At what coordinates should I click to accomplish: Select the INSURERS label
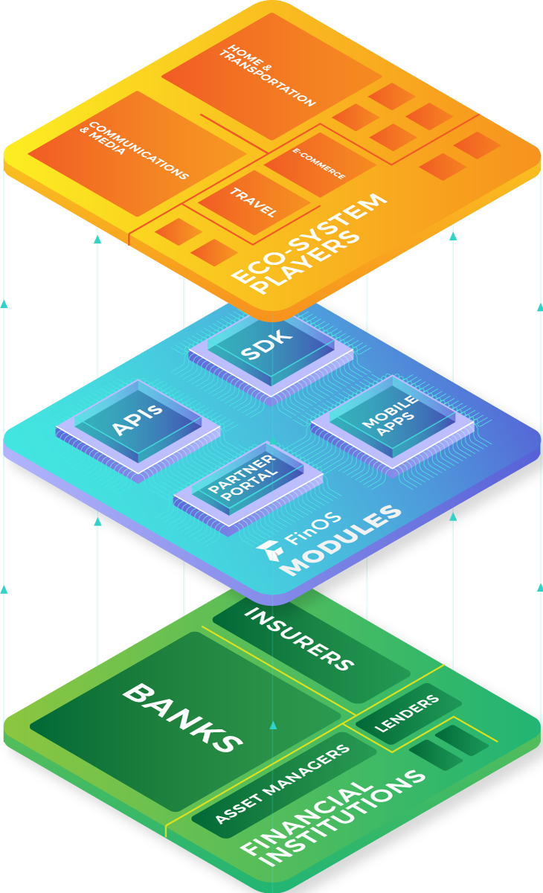tap(298, 638)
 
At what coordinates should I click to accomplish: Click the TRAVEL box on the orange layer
tap(253, 202)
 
